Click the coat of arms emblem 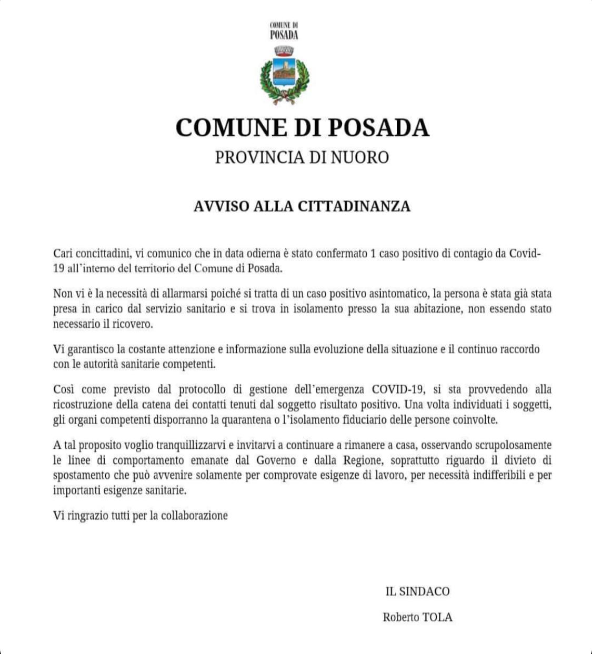pyautogui.click(x=284, y=75)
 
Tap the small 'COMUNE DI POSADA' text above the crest pyautogui.click(x=284, y=31)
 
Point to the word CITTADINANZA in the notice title pyautogui.click(x=354, y=206)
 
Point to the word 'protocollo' pyautogui.click(x=203, y=390)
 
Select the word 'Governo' pyautogui.click(x=276, y=460)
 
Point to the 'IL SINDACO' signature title pyautogui.click(x=417, y=591)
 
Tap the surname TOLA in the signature pyautogui.click(x=437, y=617)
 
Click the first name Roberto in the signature pyautogui.click(x=401, y=617)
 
